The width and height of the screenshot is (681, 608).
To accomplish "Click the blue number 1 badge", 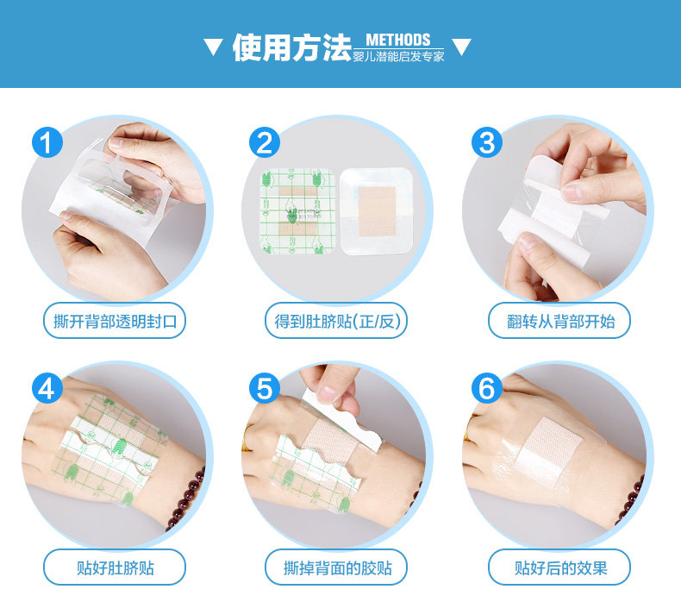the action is [x=47, y=142].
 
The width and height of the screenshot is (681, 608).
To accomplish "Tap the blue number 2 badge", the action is [x=265, y=142].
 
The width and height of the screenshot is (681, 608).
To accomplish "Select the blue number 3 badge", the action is [x=487, y=142].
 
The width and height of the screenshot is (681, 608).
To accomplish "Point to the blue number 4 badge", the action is [x=47, y=388].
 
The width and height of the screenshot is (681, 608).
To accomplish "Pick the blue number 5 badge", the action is [x=265, y=388].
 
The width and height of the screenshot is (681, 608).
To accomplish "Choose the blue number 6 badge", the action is [x=487, y=388].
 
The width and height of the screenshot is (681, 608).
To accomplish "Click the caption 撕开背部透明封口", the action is [x=115, y=322].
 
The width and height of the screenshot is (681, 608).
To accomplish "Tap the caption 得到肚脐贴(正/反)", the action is [x=336, y=322].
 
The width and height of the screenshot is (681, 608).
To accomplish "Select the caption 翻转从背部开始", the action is [x=559, y=322].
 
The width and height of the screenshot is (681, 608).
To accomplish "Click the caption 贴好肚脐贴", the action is [x=115, y=567].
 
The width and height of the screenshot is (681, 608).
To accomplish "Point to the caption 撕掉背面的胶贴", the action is [x=336, y=567].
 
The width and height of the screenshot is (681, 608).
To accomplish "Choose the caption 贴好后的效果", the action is [x=559, y=567].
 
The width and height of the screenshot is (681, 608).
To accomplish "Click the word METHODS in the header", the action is [x=398, y=40].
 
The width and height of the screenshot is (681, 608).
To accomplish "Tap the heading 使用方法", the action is [x=292, y=47].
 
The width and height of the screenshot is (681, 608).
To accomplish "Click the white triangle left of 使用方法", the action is [x=213, y=47].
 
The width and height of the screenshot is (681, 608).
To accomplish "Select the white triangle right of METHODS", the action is [x=461, y=47].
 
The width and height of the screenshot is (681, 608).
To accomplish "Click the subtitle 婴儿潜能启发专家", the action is [x=398, y=57].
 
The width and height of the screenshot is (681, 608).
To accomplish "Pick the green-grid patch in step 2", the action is [x=297, y=211].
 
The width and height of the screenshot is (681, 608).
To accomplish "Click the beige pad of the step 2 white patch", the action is [x=377, y=211].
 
